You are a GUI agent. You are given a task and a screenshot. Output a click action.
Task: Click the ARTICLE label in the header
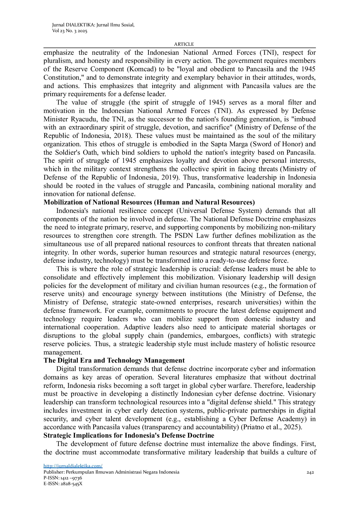pos(184,44)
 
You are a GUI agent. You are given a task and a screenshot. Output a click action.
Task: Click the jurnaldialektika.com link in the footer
pos(73,466)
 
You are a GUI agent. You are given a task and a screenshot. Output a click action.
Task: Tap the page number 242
pos(310,472)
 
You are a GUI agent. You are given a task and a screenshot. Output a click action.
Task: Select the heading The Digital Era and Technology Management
pos(114,360)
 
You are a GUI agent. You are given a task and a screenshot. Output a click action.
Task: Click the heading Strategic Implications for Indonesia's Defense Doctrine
pos(129,435)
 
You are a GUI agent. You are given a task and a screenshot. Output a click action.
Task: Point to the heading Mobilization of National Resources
pos(149,202)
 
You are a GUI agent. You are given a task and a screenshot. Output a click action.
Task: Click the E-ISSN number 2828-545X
pos(71,484)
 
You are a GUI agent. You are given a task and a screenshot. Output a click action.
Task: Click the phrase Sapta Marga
pos(229,144)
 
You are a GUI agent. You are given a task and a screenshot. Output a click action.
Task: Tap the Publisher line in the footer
pos(111,472)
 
